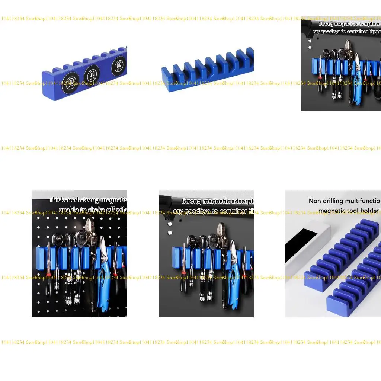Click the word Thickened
(64, 200)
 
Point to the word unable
(68, 210)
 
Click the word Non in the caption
(315, 201)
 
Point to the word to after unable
(83, 210)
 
